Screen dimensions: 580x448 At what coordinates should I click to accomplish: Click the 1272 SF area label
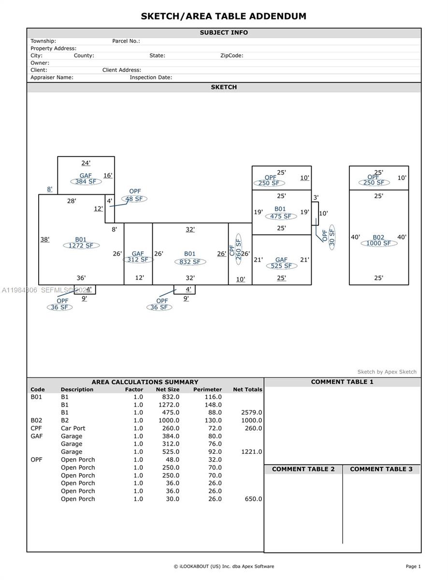coord(81,246)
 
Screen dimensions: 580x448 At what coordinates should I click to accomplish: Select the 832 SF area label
coord(190,262)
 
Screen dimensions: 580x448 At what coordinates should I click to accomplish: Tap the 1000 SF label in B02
coord(378,243)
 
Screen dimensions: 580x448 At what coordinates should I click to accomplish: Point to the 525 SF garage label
coord(281,266)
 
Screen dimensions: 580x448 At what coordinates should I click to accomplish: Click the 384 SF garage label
coord(86,182)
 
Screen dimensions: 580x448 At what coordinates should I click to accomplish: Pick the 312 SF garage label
coord(138,260)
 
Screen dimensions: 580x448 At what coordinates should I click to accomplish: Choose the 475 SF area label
coord(280,216)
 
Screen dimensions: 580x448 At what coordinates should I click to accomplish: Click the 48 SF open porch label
coord(134,199)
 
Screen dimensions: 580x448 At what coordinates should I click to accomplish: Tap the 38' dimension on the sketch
coord(45,239)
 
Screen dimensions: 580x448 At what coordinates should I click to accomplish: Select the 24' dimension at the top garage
coord(86,163)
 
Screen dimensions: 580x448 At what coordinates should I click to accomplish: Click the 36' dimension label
coord(81,278)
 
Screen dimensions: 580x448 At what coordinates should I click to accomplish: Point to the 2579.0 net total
coord(251,412)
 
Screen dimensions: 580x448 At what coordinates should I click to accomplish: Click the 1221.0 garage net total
coord(251,452)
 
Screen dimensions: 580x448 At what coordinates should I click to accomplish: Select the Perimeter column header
coord(207,390)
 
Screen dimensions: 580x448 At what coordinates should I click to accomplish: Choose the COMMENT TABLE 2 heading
coord(303,469)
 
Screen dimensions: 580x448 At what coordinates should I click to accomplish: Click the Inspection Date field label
coord(151,77)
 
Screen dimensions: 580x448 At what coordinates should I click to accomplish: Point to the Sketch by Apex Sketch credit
coord(387,372)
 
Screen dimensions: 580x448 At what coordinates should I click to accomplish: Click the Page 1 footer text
coord(413,566)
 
